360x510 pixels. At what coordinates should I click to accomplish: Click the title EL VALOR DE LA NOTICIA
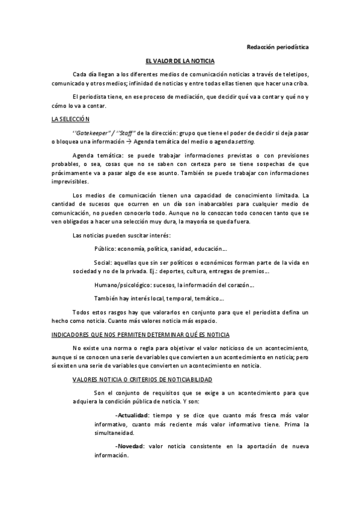tap(180, 61)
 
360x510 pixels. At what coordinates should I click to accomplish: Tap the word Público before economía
tap(105, 248)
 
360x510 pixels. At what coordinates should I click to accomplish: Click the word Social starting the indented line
tap(103, 263)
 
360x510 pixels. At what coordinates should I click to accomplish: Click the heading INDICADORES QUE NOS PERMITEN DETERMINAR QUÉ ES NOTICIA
tap(141, 334)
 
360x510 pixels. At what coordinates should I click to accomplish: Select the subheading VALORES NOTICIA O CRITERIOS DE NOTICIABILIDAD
tap(141, 380)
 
